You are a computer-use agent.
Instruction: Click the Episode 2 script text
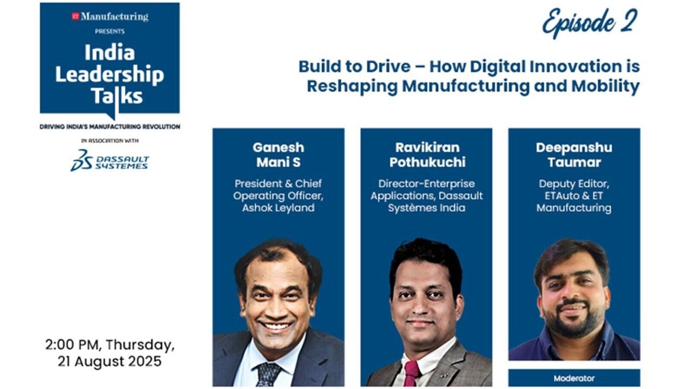coord(590,22)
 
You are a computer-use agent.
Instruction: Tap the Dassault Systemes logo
coord(110,160)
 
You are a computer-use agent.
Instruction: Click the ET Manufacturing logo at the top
coord(110,17)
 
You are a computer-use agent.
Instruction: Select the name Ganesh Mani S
coord(278,155)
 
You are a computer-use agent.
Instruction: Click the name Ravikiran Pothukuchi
coord(427,155)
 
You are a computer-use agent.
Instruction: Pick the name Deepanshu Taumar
coord(574,155)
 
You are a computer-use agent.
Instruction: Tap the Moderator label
coord(574,378)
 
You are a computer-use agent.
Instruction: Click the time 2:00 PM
coord(73,345)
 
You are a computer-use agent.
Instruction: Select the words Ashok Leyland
coord(278,208)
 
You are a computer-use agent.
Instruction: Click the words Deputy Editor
coord(574,184)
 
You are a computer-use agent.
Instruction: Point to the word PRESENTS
coord(110,32)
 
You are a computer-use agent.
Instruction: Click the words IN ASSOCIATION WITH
coord(110,141)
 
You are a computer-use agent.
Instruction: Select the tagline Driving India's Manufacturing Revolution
coord(110,127)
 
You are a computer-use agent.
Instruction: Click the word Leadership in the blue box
coord(110,75)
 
